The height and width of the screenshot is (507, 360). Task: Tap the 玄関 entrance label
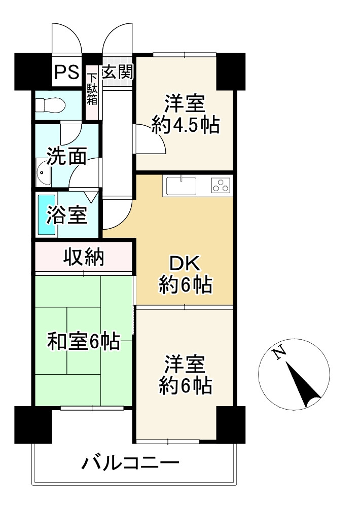pos(118,73)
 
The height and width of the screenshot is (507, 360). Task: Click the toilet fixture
pos(49,104)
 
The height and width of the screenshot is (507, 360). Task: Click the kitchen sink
pos(181,186)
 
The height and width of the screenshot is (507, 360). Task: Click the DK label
pos(185,264)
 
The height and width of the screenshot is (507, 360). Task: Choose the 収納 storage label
pos(84,258)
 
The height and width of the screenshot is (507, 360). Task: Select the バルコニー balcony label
pos(130,462)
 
